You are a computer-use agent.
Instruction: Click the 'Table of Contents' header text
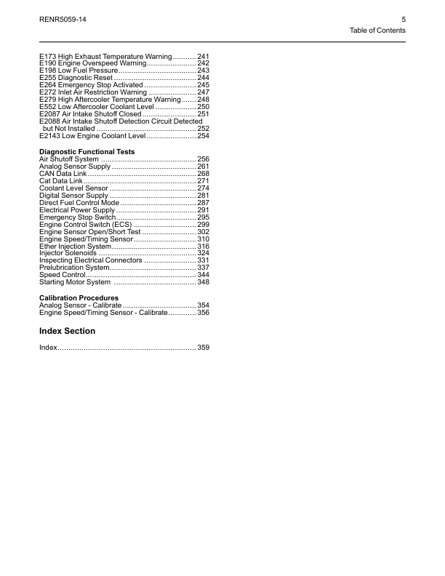point(377,31)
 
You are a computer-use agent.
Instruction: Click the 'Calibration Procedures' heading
point(79,298)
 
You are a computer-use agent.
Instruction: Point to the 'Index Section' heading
point(67,331)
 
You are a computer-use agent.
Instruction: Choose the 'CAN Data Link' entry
point(63,174)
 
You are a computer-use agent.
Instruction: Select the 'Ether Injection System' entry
point(75,247)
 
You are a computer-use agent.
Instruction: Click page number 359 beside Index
point(204,348)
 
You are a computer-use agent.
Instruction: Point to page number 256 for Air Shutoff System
point(204,159)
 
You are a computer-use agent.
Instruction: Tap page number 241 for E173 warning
point(204,56)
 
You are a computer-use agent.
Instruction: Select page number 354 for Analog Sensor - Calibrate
point(204,305)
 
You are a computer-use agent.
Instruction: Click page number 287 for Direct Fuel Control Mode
point(204,203)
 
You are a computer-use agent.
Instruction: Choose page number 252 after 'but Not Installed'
point(204,129)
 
